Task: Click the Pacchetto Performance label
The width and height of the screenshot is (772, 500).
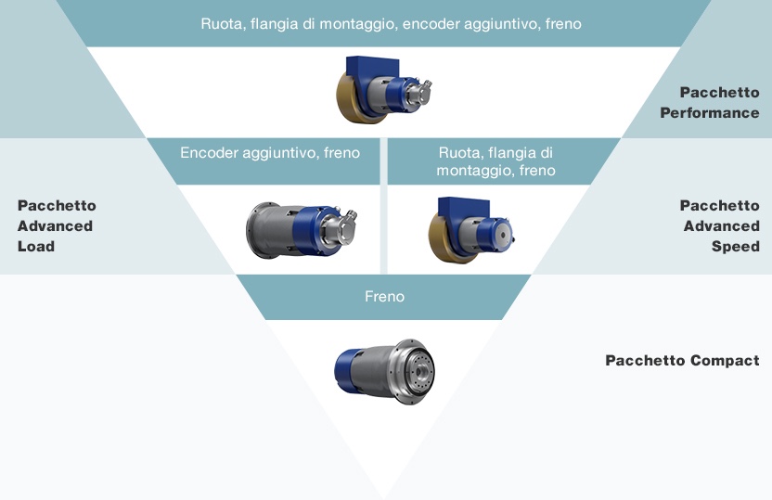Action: [x=710, y=102]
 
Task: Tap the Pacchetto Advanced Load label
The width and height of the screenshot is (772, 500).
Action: [x=57, y=225]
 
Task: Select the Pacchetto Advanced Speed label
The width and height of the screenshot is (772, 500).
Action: [x=719, y=225]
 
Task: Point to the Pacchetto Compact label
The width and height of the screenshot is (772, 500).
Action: [x=682, y=360]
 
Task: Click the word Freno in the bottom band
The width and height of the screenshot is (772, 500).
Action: [x=384, y=296]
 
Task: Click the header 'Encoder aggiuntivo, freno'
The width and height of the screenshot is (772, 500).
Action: [x=270, y=152]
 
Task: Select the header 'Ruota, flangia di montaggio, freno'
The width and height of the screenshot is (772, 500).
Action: [x=495, y=161]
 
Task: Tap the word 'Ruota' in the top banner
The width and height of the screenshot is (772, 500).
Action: [x=223, y=23]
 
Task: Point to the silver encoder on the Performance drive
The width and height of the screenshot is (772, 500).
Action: [x=419, y=92]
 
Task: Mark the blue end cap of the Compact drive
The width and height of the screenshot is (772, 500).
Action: [x=344, y=370]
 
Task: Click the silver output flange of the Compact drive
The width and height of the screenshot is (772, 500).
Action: [x=417, y=372]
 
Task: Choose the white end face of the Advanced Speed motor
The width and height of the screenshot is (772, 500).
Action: [x=502, y=235]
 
